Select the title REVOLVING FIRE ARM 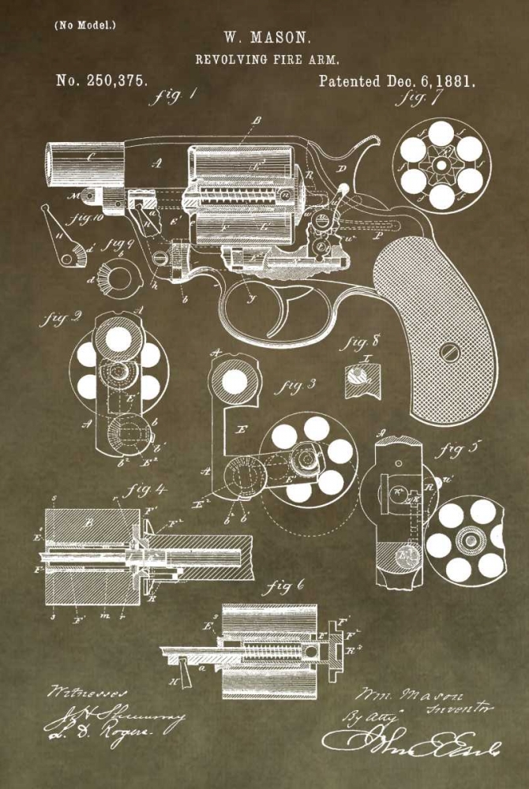[268, 59]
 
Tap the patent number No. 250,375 [102, 80]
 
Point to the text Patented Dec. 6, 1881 [397, 80]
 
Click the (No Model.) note [84, 24]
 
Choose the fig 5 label [460, 451]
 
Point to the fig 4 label [148, 489]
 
